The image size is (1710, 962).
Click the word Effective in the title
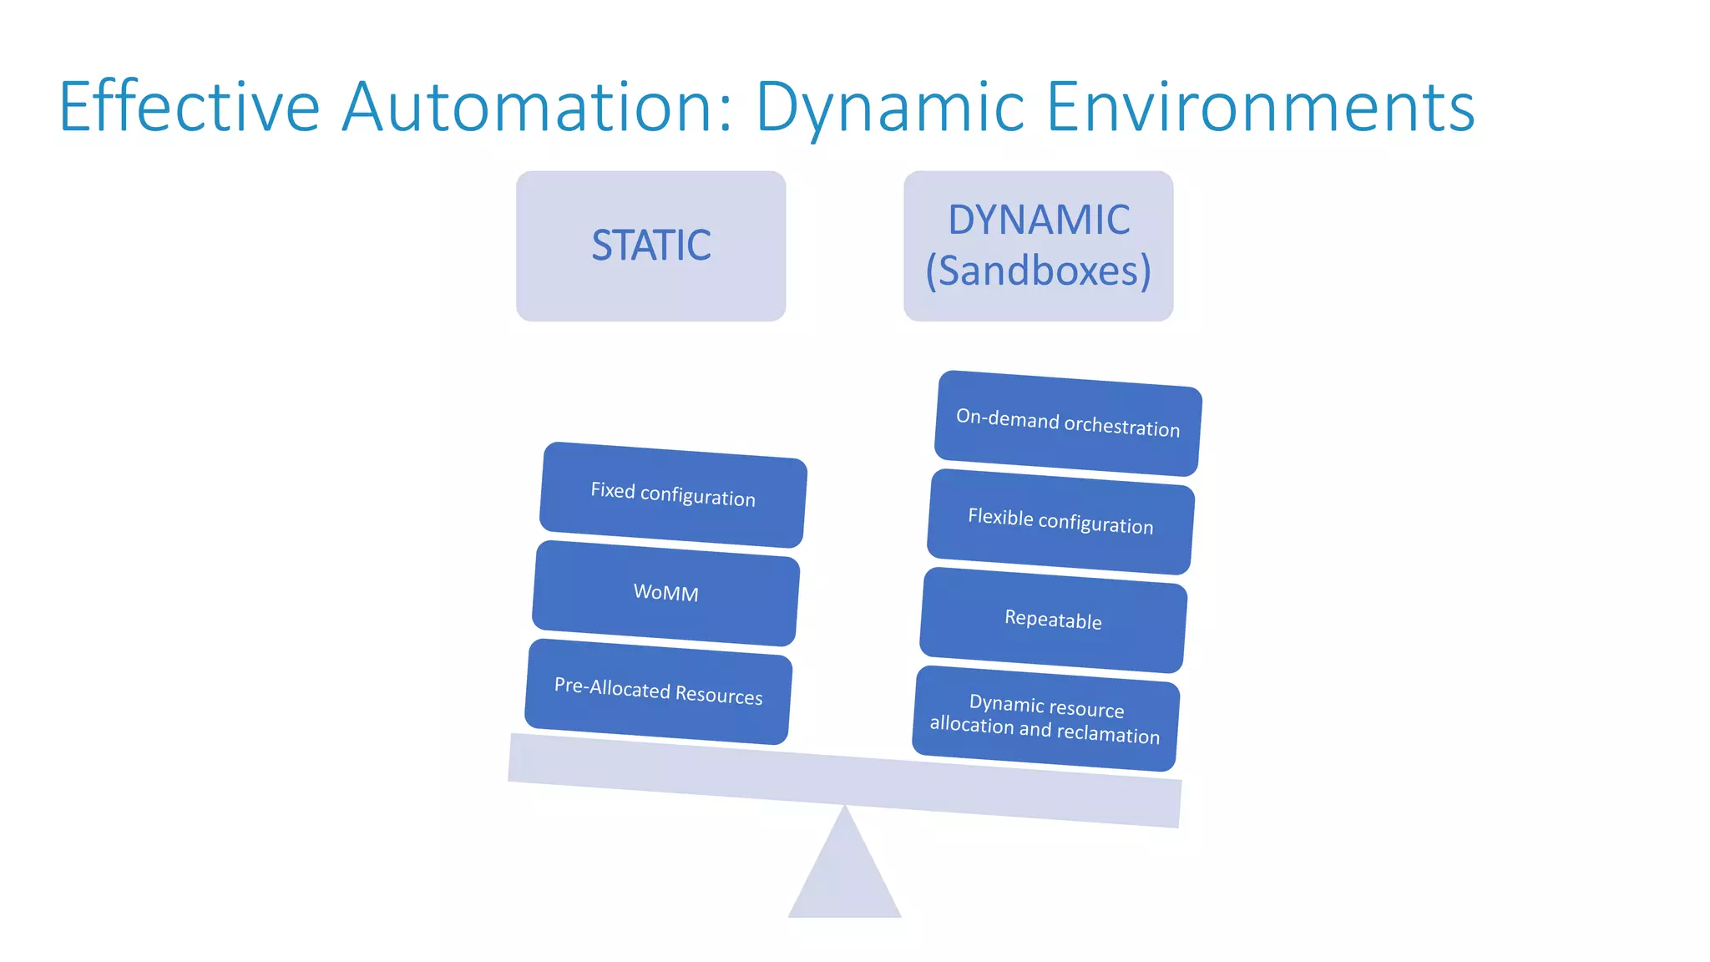(190, 107)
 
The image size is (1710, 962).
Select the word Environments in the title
(1260, 107)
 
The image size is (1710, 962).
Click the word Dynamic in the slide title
(890, 107)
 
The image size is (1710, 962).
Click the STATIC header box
(650, 246)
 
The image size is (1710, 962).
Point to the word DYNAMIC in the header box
(1039, 220)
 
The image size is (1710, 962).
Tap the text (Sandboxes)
(1039, 271)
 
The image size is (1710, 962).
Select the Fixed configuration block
(673, 494)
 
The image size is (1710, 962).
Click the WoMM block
(665, 593)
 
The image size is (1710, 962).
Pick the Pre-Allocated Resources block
(658, 691)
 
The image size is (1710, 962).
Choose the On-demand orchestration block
(1068, 423)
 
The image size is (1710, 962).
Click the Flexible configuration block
(1060, 521)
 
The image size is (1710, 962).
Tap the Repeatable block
(1053, 620)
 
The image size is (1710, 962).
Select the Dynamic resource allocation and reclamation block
(1045, 718)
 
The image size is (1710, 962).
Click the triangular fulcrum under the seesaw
(845, 877)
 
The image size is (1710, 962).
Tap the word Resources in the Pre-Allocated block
(718, 695)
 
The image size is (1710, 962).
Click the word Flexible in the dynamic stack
(1000, 517)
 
